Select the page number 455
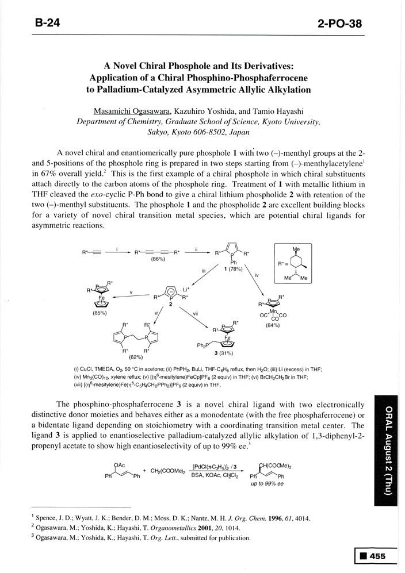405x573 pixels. (377, 556)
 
